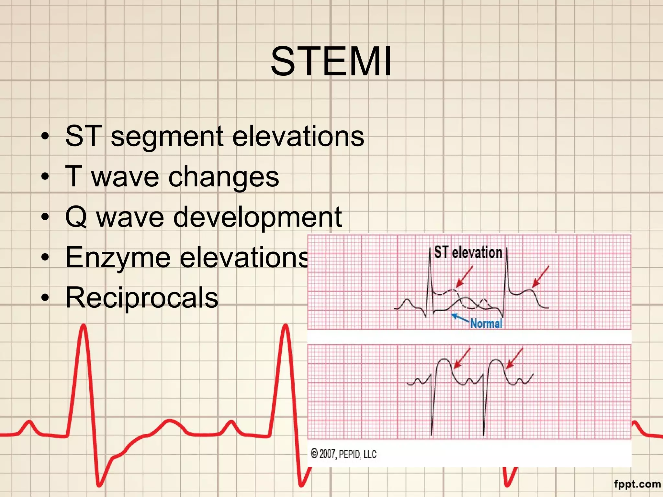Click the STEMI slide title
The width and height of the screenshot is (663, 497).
tap(331, 61)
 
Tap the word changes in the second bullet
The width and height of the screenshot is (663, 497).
tap(223, 177)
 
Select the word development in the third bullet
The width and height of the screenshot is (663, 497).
tap(257, 217)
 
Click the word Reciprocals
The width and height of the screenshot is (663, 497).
tap(142, 298)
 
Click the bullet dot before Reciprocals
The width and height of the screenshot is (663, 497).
tap(45, 298)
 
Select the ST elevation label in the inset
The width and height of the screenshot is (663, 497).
tap(468, 252)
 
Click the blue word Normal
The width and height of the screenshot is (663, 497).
tap(486, 323)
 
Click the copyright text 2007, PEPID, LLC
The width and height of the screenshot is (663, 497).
tap(343, 454)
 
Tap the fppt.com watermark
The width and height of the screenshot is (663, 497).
tap(637, 484)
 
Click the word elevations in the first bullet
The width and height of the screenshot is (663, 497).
tap(298, 137)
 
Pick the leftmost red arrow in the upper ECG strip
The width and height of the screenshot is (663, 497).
tap(464, 277)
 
